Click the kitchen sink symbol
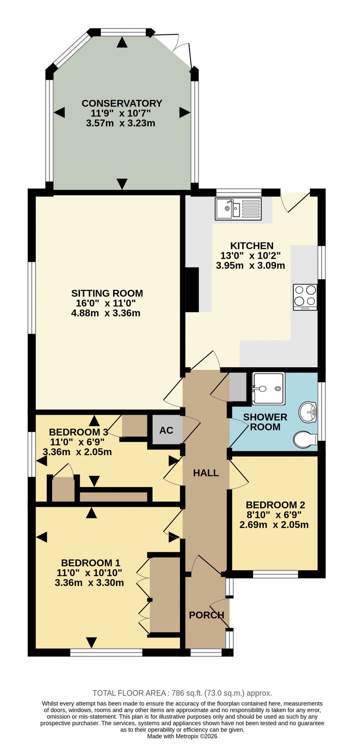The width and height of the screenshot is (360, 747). click(239, 209)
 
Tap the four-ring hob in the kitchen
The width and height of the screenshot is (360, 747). click(305, 297)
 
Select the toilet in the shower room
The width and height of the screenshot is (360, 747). click(305, 440)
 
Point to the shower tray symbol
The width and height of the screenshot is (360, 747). click(269, 389)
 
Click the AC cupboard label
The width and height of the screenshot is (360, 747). click(166, 430)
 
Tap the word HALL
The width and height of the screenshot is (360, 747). click(206, 473)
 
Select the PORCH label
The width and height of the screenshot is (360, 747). click(206, 615)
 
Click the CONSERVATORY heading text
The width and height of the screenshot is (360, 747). click(122, 103)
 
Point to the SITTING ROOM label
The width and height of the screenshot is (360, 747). click(107, 293)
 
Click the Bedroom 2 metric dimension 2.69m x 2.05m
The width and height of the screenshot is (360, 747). click(274, 525)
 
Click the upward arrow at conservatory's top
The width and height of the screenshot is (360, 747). click(122, 43)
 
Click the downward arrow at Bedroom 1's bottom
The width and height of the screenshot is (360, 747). click(91, 642)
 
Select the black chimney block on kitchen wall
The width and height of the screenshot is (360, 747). click(192, 290)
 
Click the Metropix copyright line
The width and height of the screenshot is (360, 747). click(182, 736)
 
